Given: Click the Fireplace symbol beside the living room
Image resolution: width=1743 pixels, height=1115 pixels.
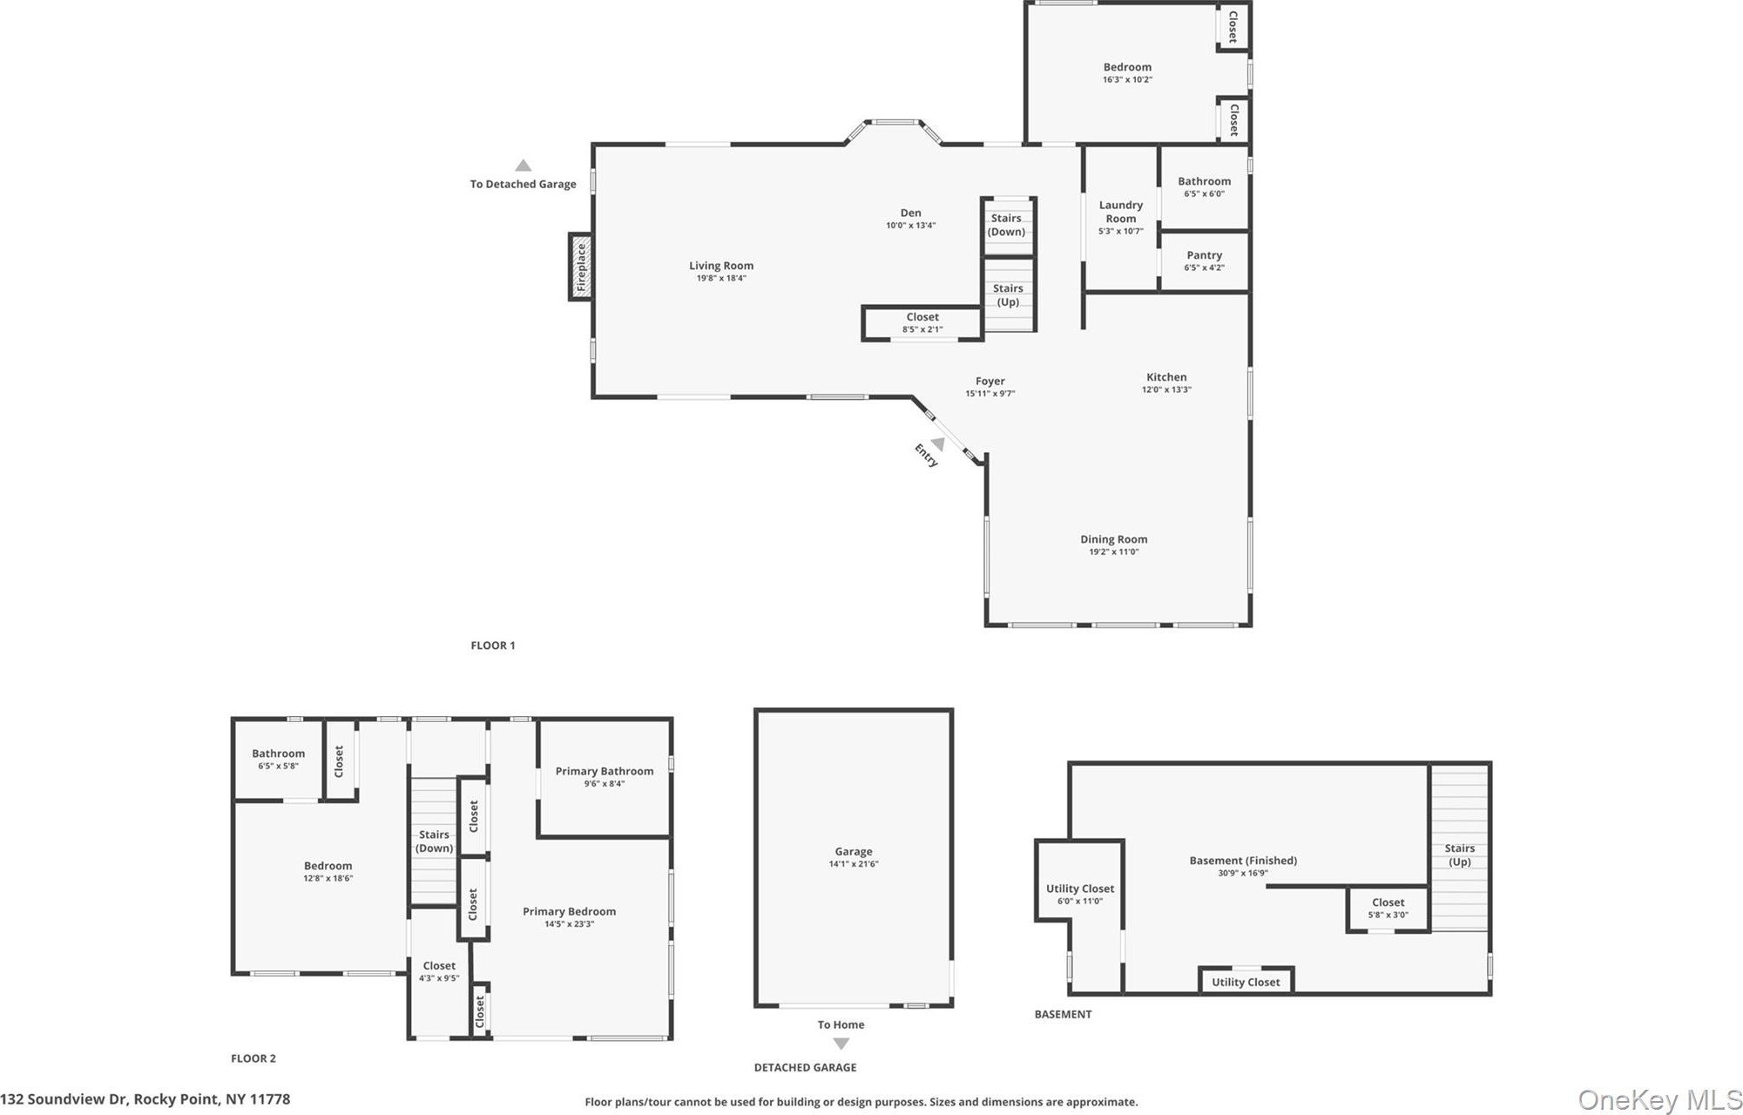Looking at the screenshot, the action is click(581, 267).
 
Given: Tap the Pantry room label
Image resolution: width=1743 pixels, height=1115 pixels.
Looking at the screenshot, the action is click(1204, 255).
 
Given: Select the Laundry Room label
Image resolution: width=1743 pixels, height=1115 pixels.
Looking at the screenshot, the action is click(1120, 212).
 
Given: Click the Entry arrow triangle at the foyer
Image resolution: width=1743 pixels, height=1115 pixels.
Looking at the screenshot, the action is click(938, 444).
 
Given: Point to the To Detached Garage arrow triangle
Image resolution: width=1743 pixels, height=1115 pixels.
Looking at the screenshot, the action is click(523, 166).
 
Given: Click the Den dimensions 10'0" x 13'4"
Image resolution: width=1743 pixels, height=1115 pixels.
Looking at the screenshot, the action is click(910, 226).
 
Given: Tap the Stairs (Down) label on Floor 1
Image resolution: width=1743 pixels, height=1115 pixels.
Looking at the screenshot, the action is click(1006, 225).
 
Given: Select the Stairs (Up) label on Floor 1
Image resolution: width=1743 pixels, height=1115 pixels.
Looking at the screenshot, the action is click(1008, 295).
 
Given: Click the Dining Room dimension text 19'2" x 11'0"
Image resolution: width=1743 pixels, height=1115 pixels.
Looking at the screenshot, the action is click(1113, 551).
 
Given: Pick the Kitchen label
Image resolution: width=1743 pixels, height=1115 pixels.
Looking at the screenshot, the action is click(1166, 377).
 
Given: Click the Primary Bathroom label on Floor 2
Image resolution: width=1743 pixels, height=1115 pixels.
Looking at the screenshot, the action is click(605, 771).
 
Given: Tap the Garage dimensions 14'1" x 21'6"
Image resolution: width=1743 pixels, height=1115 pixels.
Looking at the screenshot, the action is click(854, 864).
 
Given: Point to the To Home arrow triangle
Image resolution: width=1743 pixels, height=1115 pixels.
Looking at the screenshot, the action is click(841, 1044).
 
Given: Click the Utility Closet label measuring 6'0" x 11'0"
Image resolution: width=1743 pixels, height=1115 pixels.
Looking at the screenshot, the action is click(1080, 889).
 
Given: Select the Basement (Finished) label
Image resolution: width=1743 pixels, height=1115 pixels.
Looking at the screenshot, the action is click(1243, 861).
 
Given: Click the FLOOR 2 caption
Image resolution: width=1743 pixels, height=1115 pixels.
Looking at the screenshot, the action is click(253, 1058).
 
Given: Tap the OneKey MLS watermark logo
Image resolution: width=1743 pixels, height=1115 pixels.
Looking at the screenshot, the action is click(1659, 1100).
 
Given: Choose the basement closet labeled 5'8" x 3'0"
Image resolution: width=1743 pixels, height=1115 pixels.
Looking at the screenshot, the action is click(1388, 909).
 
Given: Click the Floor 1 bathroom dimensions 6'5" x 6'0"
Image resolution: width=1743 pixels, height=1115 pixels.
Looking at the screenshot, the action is click(1205, 194).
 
